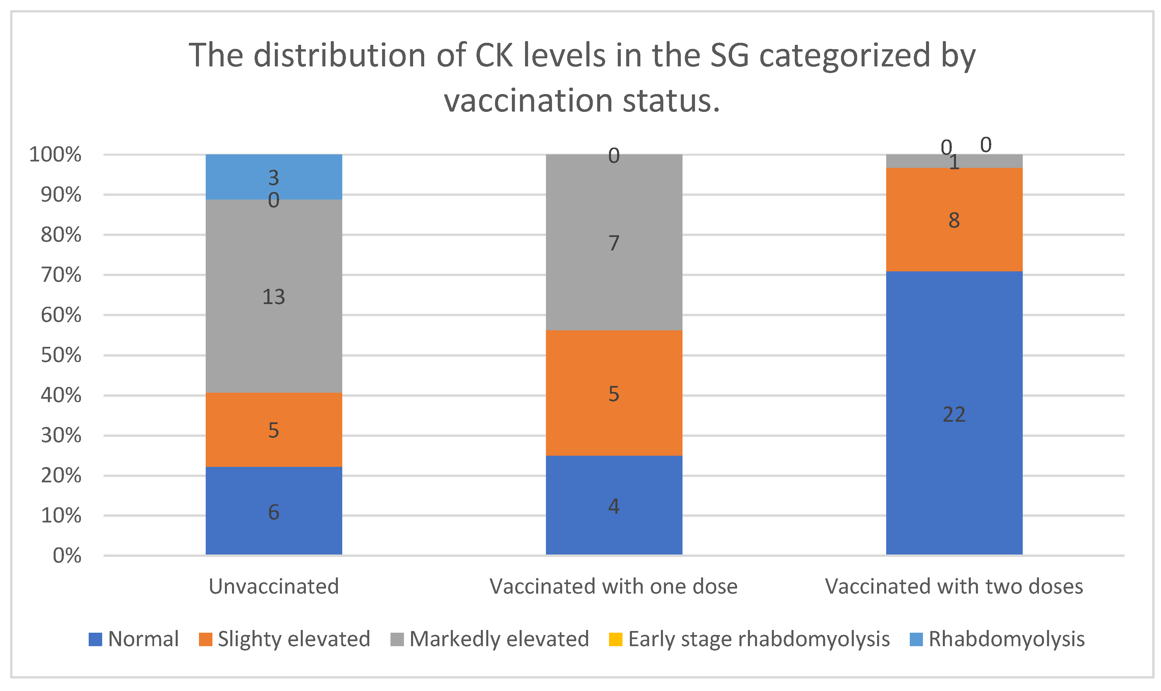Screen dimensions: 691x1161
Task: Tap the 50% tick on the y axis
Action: (x=61, y=355)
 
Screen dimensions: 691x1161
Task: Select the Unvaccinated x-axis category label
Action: (x=273, y=586)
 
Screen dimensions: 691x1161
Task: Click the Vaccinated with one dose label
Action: (x=613, y=586)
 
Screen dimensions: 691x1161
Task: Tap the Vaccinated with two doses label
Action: (x=953, y=586)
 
